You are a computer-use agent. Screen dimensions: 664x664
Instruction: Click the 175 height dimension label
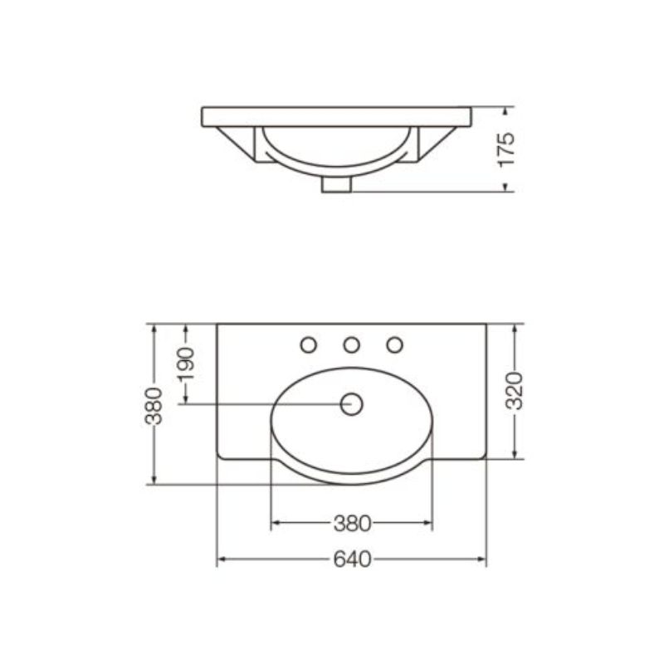(x=506, y=150)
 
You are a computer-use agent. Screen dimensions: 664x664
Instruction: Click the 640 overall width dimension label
(x=352, y=559)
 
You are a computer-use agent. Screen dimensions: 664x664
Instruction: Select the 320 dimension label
(x=515, y=391)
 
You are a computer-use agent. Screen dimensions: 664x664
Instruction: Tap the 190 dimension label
(x=186, y=364)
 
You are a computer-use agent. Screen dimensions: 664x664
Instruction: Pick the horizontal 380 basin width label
(x=352, y=524)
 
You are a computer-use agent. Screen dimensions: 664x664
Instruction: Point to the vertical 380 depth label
(x=154, y=406)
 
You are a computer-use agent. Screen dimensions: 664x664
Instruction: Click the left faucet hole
(x=308, y=344)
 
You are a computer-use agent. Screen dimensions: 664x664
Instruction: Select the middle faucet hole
(x=351, y=344)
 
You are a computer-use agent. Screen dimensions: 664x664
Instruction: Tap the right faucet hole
(x=395, y=344)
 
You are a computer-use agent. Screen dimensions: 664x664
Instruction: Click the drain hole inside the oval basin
(x=351, y=404)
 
